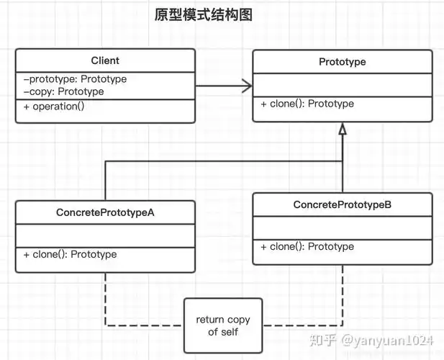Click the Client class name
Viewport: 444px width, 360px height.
click(x=105, y=60)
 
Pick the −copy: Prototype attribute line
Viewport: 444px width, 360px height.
click(x=63, y=91)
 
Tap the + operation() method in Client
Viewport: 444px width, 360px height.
click(x=53, y=107)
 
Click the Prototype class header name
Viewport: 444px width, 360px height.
click(x=342, y=62)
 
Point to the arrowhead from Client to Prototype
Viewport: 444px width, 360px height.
click(x=247, y=86)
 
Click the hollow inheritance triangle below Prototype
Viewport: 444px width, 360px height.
click(x=343, y=130)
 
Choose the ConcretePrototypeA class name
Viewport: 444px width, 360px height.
click(x=105, y=212)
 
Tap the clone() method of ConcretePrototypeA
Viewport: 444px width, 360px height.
click(x=70, y=254)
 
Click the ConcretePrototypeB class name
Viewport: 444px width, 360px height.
click(x=343, y=205)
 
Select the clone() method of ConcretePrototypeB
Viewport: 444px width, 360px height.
click(x=307, y=246)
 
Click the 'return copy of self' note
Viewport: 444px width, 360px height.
click(x=222, y=325)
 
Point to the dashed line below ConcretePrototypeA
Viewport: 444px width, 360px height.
click(x=106, y=299)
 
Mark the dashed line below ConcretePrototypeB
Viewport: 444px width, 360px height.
click(x=343, y=292)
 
